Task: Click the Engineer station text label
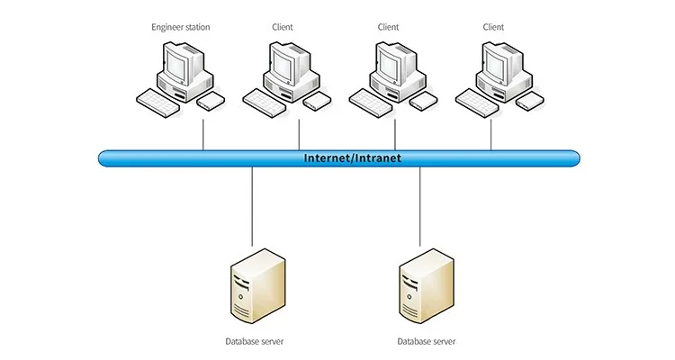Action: pyautogui.click(x=181, y=27)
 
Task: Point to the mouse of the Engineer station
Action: pyautogui.click(x=211, y=99)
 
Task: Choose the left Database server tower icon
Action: pyautogui.click(x=256, y=286)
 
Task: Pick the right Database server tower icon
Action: pyautogui.click(x=426, y=286)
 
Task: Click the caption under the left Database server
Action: pyautogui.click(x=256, y=342)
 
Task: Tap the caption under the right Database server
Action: pyautogui.click(x=427, y=342)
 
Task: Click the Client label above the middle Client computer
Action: pyautogui.click(x=388, y=27)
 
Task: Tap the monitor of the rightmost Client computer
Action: pyautogui.click(x=494, y=64)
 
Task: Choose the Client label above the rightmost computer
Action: pyautogui.click(x=493, y=27)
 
